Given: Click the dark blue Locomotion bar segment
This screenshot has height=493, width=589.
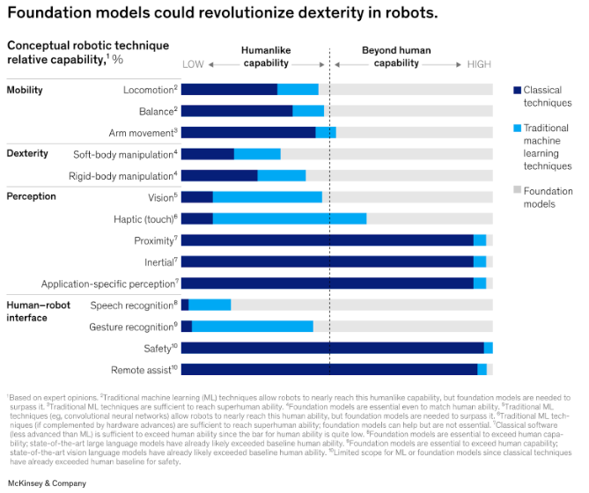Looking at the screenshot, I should (x=229, y=89).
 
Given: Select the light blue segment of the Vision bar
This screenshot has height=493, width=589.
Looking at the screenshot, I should (x=268, y=197).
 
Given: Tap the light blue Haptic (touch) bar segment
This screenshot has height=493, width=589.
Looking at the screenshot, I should (x=290, y=218).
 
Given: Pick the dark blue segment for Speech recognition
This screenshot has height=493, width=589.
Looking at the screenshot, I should (x=185, y=305).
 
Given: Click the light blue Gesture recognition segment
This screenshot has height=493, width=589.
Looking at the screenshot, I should (x=253, y=327).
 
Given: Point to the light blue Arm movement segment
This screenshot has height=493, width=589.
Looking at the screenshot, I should (x=326, y=132).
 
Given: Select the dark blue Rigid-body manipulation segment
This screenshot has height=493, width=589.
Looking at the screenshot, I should (x=219, y=175).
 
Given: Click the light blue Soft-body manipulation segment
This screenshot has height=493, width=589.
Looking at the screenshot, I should (x=257, y=154).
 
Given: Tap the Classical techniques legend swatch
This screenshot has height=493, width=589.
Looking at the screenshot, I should (x=517, y=90).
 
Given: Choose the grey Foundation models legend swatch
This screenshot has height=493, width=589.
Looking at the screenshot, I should (x=517, y=190).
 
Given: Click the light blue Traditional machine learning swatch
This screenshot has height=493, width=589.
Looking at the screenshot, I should (x=517, y=128).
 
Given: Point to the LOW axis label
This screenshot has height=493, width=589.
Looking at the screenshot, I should (x=193, y=64).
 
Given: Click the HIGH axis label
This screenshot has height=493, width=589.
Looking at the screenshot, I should (x=480, y=64).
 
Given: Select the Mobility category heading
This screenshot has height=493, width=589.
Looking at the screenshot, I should (x=25, y=90).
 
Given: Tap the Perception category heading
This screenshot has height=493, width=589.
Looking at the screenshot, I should (x=32, y=196).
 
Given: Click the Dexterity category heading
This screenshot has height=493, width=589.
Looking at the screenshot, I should (x=27, y=153).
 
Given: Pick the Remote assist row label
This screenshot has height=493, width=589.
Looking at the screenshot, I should (x=144, y=370).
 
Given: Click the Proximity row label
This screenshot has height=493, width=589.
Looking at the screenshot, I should (x=153, y=240).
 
